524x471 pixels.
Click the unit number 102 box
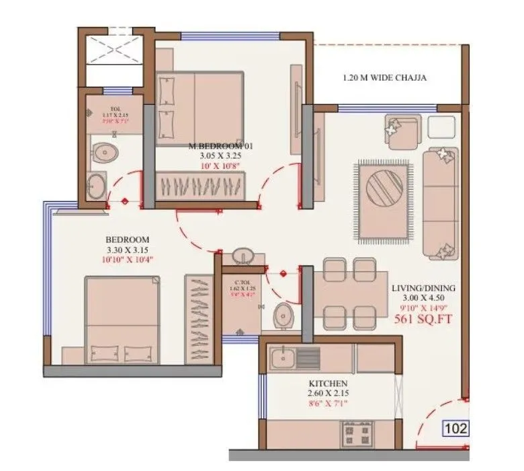455,429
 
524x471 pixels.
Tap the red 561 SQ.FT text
422,320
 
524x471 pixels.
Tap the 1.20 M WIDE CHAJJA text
384,77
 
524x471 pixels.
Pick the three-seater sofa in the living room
440,202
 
